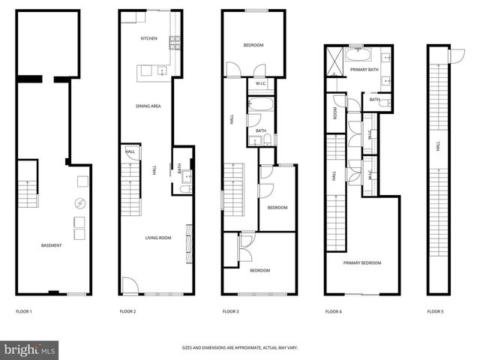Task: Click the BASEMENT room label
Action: coord(51,246)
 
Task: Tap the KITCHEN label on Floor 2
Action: coord(148,38)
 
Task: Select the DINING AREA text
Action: coord(148,106)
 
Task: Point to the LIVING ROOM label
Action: coord(158,238)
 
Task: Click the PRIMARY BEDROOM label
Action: coord(362,262)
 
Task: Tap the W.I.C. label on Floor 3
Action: coord(261,83)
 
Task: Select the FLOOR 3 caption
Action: coord(231,310)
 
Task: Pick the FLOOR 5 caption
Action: coord(436,310)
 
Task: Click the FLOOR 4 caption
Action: coord(333,310)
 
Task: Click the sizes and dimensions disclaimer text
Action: coord(240,347)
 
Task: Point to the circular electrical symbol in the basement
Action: coord(79,204)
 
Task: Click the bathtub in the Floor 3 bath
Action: coord(262,104)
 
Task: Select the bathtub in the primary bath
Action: coord(358,53)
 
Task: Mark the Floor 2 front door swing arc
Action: coord(129,285)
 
